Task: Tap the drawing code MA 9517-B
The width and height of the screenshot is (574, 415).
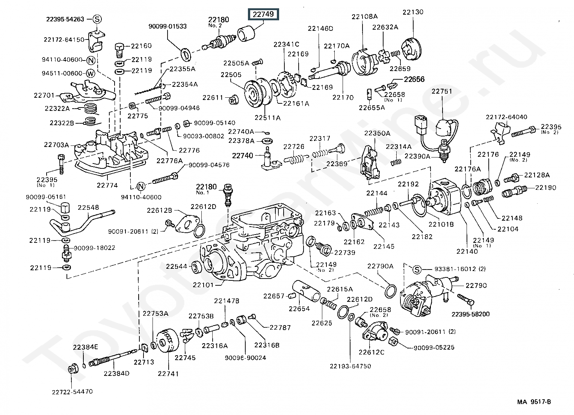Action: pyautogui.click(x=534, y=402)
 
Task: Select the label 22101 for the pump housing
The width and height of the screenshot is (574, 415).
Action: pyautogui.click(x=203, y=285)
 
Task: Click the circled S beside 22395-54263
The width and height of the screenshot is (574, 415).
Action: pyautogui.click(x=97, y=19)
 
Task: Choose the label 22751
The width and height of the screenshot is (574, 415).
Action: pyautogui.click(x=442, y=91)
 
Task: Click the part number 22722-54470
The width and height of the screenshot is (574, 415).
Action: pyautogui.click(x=72, y=392)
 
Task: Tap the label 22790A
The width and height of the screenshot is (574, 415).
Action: pyautogui.click(x=380, y=266)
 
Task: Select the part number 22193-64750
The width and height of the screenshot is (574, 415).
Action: pyautogui.click(x=350, y=366)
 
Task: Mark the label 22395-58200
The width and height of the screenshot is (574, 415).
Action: pyautogui.click(x=470, y=314)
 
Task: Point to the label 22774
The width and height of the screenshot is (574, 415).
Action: pyautogui.click(x=107, y=185)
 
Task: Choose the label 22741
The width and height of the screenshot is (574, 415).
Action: pyautogui.click(x=168, y=374)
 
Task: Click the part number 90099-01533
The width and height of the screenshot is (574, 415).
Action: pyautogui.click(x=168, y=26)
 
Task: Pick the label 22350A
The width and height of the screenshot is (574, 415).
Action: pyautogui.click(x=377, y=133)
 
